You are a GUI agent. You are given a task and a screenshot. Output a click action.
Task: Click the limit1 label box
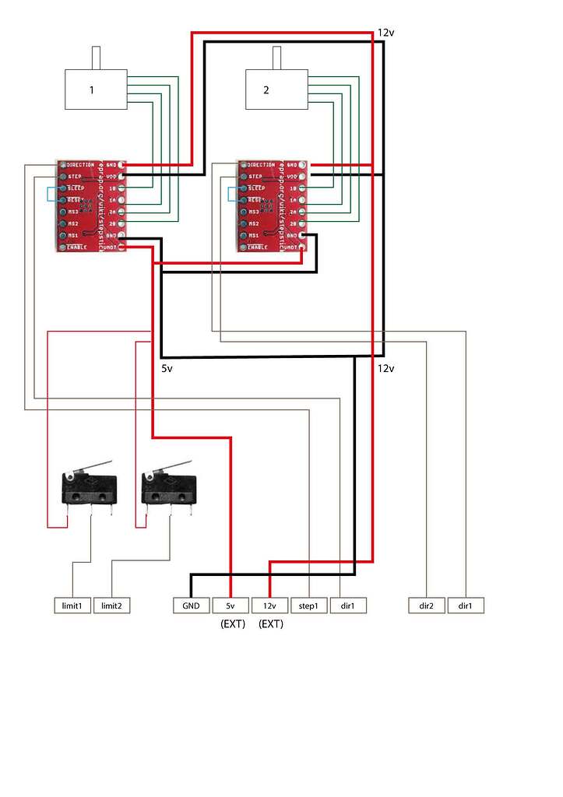click(x=72, y=606)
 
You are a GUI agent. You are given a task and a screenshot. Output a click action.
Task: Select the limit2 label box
click(x=111, y=606)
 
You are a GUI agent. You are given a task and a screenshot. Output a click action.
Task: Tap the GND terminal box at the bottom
click(x=191, y=606)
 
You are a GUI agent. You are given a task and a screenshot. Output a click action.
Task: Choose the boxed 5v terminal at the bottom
click(x=230, y=606)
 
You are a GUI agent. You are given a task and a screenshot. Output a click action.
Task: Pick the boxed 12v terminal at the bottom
click(x=269, y=606)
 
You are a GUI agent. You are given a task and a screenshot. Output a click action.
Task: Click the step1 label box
click(x=309, y=606)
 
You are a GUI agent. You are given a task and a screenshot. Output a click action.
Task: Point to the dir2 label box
click(x=427, y=606)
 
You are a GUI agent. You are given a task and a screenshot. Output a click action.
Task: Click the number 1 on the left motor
click(x=91, y=90)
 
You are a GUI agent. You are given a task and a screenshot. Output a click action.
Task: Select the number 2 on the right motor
click(x=266, y=90)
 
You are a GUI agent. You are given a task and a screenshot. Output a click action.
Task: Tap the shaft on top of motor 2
click(x=276, y=58)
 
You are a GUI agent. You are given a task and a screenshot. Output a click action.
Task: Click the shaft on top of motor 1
click(x=97, y=58)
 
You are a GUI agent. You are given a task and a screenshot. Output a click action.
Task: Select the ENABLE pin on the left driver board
click(x=63, y=247)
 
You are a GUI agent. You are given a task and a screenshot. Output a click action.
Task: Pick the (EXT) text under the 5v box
click(x=232, y=623)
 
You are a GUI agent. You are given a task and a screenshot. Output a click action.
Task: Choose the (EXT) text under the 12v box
click(x=270, y=623)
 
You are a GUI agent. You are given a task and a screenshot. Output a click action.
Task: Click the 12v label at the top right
click(x=386, y=33)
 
